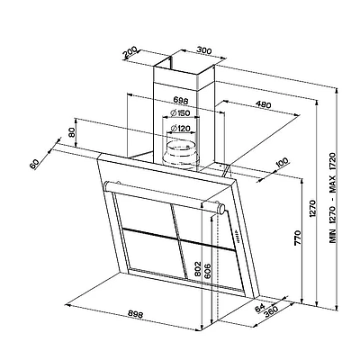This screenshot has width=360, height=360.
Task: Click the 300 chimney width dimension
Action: pyautogui.click(x=204, y=50)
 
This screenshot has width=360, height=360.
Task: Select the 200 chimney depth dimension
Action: pyautogui.click(x=130, y=52)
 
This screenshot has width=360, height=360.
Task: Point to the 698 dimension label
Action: pyautogui.click(x=181, y=101)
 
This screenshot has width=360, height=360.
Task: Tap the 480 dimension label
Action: pyautogui.click(x=264, y=104)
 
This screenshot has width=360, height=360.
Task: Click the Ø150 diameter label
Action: pyautogui.click(x=180, y=113)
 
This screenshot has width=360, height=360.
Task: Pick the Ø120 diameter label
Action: pyautogui.click(x=180, y=129)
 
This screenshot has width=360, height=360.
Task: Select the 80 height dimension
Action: pyautogui.click(x=72, y=132)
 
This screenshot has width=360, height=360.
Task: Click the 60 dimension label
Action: pyautogui.click(x=35, y=164)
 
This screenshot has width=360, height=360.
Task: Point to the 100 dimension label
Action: pyautogui.click(x=281, y=162)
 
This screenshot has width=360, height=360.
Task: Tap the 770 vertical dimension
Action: pyautogui.click(x=297, y=238)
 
